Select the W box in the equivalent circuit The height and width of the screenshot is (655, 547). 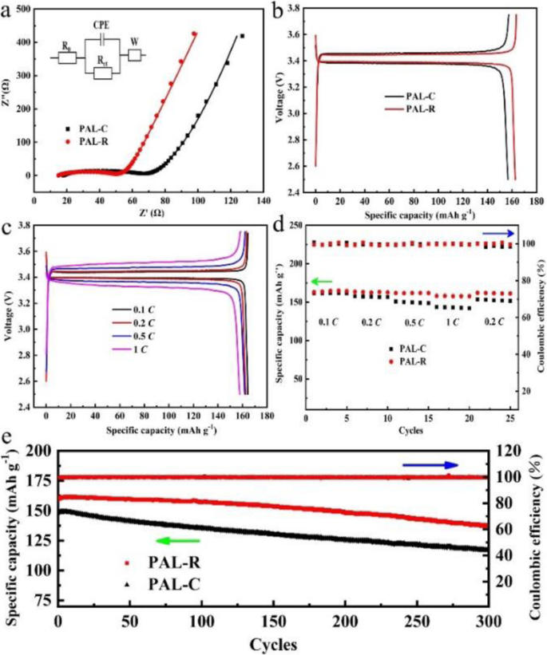[135, 55]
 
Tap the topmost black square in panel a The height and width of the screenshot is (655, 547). [241, 36]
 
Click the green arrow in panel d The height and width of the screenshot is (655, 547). [323, 282]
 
